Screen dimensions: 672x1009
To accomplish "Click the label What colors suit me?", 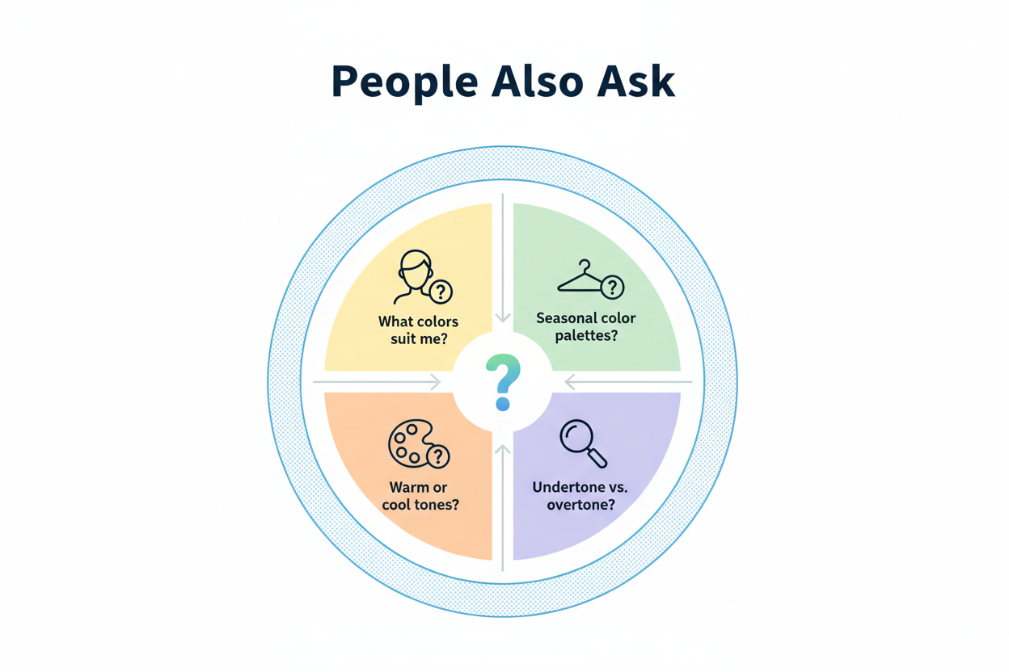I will [x=418, y=330].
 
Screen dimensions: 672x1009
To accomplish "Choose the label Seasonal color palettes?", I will [x=586, y=326].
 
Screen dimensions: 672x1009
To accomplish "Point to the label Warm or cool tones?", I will [x=418, y=496].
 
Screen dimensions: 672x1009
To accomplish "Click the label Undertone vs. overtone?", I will [x=580, y=496].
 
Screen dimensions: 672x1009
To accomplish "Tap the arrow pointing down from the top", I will [x=503, y=258].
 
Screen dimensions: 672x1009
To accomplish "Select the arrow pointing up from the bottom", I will [x=503, y=505].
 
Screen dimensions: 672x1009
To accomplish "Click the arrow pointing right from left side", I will [x=377, y=381].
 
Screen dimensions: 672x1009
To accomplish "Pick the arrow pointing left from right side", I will [x=629, y=381].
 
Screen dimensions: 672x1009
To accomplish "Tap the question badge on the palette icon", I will [x=438, y=457].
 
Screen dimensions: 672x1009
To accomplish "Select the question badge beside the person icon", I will [x=441, y=292].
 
